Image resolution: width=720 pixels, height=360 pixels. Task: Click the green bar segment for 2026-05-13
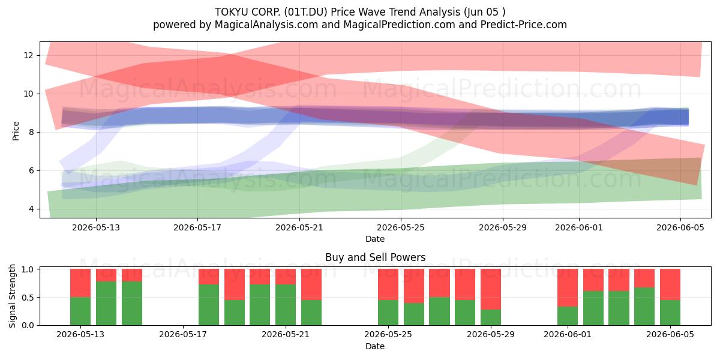[80, 311]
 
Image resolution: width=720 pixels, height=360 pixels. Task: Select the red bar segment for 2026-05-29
[491, 289]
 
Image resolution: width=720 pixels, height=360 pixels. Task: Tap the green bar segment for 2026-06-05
[670, 313]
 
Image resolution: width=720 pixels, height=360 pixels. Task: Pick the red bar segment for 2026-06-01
[568, 287]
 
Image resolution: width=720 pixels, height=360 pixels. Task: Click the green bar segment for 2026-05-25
[388, 313]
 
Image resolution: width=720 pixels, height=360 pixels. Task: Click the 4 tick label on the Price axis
[31, 209]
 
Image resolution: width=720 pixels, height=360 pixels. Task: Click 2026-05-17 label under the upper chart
[197, 227]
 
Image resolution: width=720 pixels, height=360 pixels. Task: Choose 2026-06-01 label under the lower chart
[568, 334]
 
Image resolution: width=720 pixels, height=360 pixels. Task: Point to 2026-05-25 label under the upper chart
[401, 227]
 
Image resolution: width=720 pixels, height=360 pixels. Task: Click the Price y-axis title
[16, 131]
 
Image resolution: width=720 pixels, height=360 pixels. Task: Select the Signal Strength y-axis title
[12, 296]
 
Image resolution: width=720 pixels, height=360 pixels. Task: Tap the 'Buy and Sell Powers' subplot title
[376, 257]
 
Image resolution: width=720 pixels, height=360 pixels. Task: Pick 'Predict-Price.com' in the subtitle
[524, 25]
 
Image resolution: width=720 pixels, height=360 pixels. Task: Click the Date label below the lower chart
[375, 346]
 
